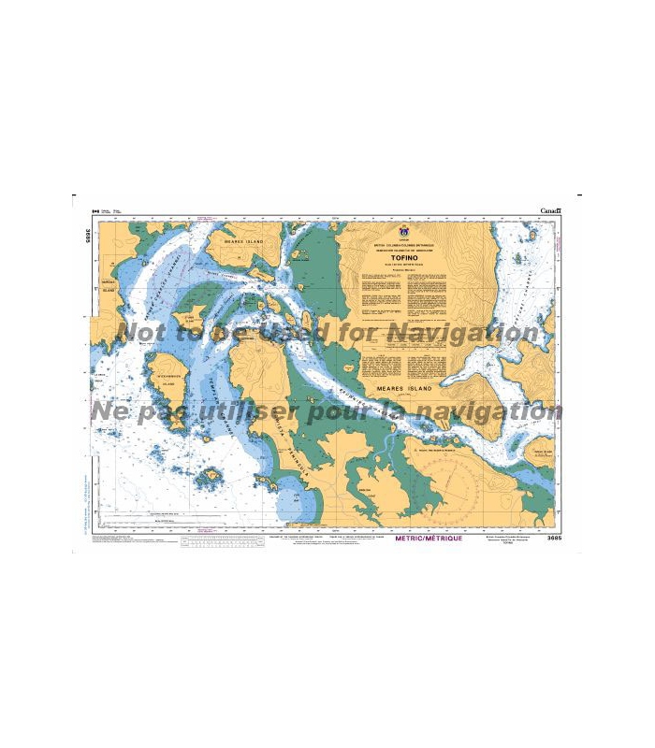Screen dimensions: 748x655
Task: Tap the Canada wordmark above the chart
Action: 550,211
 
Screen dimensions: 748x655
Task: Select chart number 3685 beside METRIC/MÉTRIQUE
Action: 546,539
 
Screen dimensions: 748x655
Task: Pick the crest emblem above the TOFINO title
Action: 404,230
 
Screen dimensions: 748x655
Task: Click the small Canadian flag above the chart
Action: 95,211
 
